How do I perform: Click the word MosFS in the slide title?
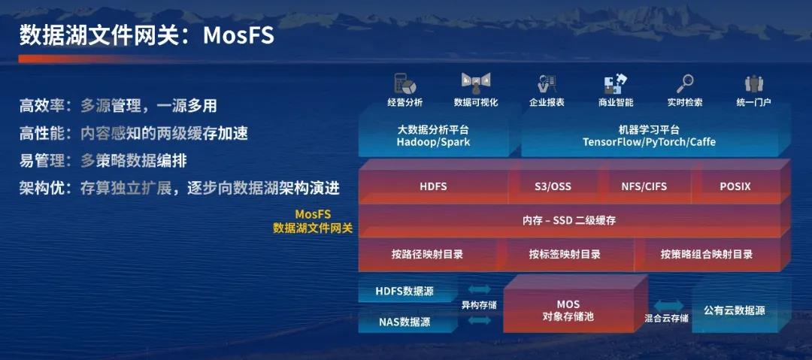point(238,36)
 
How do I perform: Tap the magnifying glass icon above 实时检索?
point(685,83)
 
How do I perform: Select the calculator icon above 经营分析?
point(405,83)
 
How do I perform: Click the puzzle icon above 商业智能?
point(616,83)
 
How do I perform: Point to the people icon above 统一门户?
point(753,83)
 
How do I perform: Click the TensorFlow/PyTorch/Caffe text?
point(649,142)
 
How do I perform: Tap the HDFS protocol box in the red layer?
point(434,186)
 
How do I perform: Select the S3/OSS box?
point(553,186)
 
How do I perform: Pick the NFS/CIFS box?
point(644,186)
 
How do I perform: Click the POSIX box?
point(735,186)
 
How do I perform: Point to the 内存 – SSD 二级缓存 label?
point(569,221)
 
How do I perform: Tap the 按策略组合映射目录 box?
point(706,254)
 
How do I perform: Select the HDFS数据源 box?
point(404,291)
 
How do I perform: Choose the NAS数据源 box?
point(404,322)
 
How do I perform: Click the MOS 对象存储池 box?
point(568,310)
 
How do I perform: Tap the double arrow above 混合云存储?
point(668,305)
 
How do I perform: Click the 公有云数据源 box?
point(734,311)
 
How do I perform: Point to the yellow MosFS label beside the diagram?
point(313,214)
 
